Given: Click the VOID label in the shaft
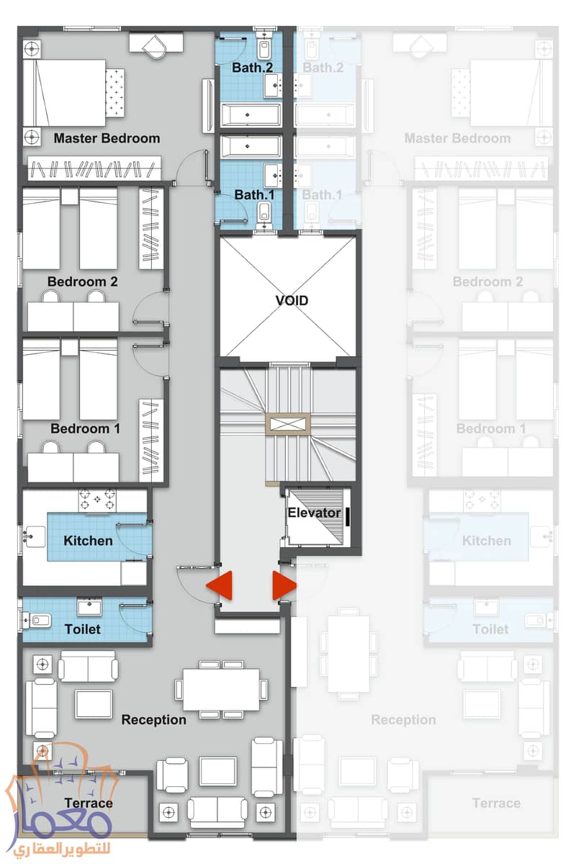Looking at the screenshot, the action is pyautogui.click(x=292, y=300).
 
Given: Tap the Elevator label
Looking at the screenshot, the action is pyautogui.click(x=314, y=513).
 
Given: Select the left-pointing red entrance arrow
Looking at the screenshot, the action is pyautogui.click(x=220, y=585).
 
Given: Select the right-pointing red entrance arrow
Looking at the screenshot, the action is pyautogui.click(x=284, y=585).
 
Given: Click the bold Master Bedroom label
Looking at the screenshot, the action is pyautogui.click(x=107, y=138).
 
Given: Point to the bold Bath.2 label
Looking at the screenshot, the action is pyautogui.click(x=252, y=68).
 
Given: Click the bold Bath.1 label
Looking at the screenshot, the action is pyautogui.click(x=254, y=195).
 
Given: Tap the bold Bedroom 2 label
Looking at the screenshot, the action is pyautogui.click(x=83, y=282).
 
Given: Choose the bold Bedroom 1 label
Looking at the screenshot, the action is pyautogui.click(x=85, y=428).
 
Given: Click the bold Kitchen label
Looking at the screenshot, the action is pyautogui.click(x=89, y=541).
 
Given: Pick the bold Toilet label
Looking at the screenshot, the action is pyautogui.click(x=83, y=629).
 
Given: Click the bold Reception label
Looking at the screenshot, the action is pyautogui.click(x=153, y=719).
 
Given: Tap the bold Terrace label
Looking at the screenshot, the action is pyautogui.click(x=89, y=803).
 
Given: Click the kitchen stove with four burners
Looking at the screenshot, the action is pyautogui.click(x=97, y=500).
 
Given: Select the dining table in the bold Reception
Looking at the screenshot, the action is pyautogui.click(x=221, y=689).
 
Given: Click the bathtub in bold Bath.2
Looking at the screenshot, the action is pyautogui.click(x=251, y=114).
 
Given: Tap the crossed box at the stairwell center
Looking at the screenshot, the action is pyautogui.click(x=288, y=424).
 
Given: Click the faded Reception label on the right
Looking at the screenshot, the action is pyautogui.click(x=403, y=719).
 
